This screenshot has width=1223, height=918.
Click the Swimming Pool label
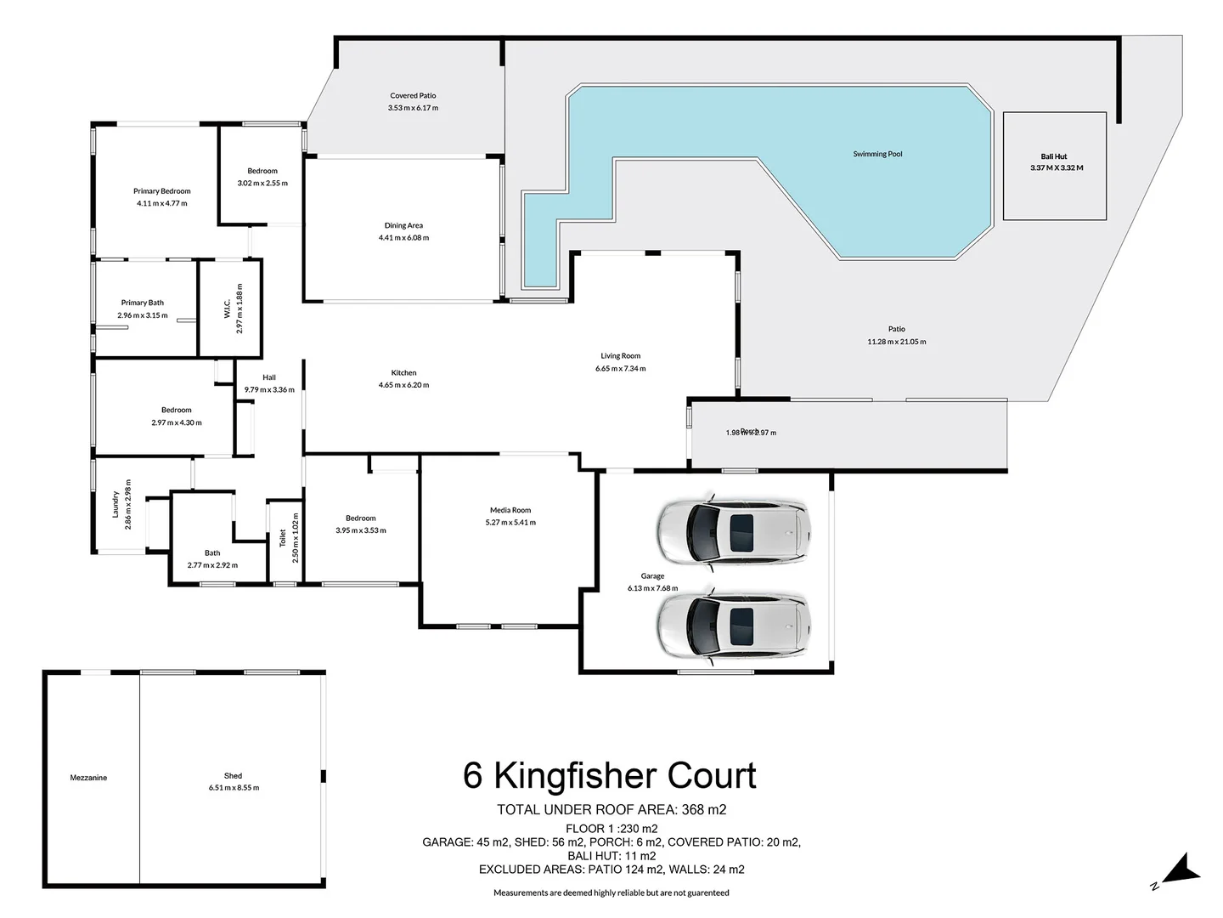(x=877, y=154)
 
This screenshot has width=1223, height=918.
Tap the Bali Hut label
(x=1053, y=156)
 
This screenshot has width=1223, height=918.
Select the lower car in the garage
(x=732, y=626)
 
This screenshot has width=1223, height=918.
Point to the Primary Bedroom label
(x=161, y=191)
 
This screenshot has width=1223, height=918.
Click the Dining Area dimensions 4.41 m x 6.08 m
(x=403, y=238)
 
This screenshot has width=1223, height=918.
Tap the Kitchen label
(x=403, y=372)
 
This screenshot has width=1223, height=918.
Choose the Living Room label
(x=620, y=356)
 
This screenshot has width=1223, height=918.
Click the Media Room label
(x=510, y=510)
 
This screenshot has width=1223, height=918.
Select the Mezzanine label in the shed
(x=88, y=778)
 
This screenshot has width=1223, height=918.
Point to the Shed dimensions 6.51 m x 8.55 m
(x=234, y=788)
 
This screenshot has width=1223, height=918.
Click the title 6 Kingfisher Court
(x=609, y=776)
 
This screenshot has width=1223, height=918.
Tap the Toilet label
(x=284, y=538)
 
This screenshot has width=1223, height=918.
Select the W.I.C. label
(x=228, y=309)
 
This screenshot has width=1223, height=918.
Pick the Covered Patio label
(x=413, y=96)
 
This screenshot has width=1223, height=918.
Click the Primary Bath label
(x=142, y=303)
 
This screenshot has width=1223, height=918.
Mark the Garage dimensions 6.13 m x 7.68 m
(x=652, y=588)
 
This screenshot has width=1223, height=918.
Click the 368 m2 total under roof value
(x=704, y=810)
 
